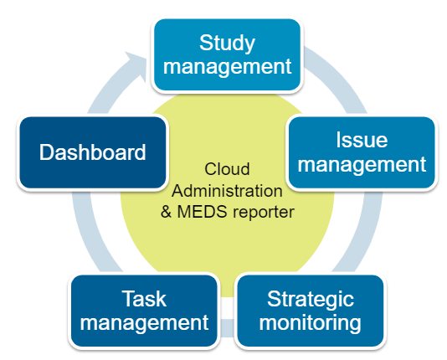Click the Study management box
pos(227,54)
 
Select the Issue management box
pos(362,152)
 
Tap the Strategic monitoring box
pos(311,311)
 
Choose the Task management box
pos(144,311)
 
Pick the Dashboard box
pos(93,152)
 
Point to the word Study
pos(227,44)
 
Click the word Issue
pos(362,140)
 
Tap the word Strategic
pos(311,300)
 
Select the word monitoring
pos(311,323)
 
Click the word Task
pos(144,299)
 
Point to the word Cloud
pos(227,169)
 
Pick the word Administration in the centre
pos(227,191)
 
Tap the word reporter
pos(264,213)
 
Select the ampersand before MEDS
pos(166,212)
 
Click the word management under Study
pos(227,67)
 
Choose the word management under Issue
pos(362,165)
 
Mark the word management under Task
pos(144,323)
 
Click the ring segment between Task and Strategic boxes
pos(227,328)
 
